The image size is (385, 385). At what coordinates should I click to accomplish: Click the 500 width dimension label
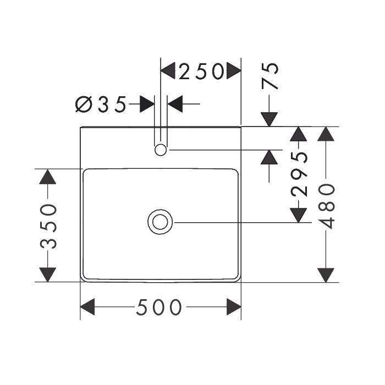click(x=159, y=307)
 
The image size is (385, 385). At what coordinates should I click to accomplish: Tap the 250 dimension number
click(x=201, y=71)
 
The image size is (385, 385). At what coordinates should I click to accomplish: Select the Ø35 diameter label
click(x=101, y=104)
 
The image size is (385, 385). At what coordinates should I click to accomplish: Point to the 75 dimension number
click(x=270, y=76)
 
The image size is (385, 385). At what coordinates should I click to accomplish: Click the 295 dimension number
click(x=299, y=174)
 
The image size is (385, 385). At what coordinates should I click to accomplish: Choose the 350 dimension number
click(x=48, y=227)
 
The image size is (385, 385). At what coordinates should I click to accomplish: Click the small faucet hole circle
click(x=161, y=150)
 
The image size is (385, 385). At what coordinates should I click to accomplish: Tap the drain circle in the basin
click(x=160, y=222)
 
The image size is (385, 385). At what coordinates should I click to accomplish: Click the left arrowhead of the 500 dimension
click(x=87, y=307)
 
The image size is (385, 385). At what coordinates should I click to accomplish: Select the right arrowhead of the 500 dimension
click(x=234, y=307)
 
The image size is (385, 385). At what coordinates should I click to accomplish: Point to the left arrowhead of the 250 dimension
click(x=168, y=71)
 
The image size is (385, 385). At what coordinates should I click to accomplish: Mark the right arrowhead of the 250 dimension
click(x=234, y=71)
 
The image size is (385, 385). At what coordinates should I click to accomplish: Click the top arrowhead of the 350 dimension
click(x=48, y=177)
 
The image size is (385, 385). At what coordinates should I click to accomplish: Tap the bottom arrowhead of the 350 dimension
click(x=48, y=275)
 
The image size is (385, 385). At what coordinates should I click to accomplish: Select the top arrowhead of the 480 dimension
click(x=326, y=134)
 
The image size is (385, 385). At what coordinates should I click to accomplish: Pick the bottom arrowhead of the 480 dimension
click(x=326, y=275)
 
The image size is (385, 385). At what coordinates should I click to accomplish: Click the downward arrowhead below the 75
click(x=269, y=119)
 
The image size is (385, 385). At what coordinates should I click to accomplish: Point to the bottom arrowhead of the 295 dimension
click(x=298, y=216)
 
